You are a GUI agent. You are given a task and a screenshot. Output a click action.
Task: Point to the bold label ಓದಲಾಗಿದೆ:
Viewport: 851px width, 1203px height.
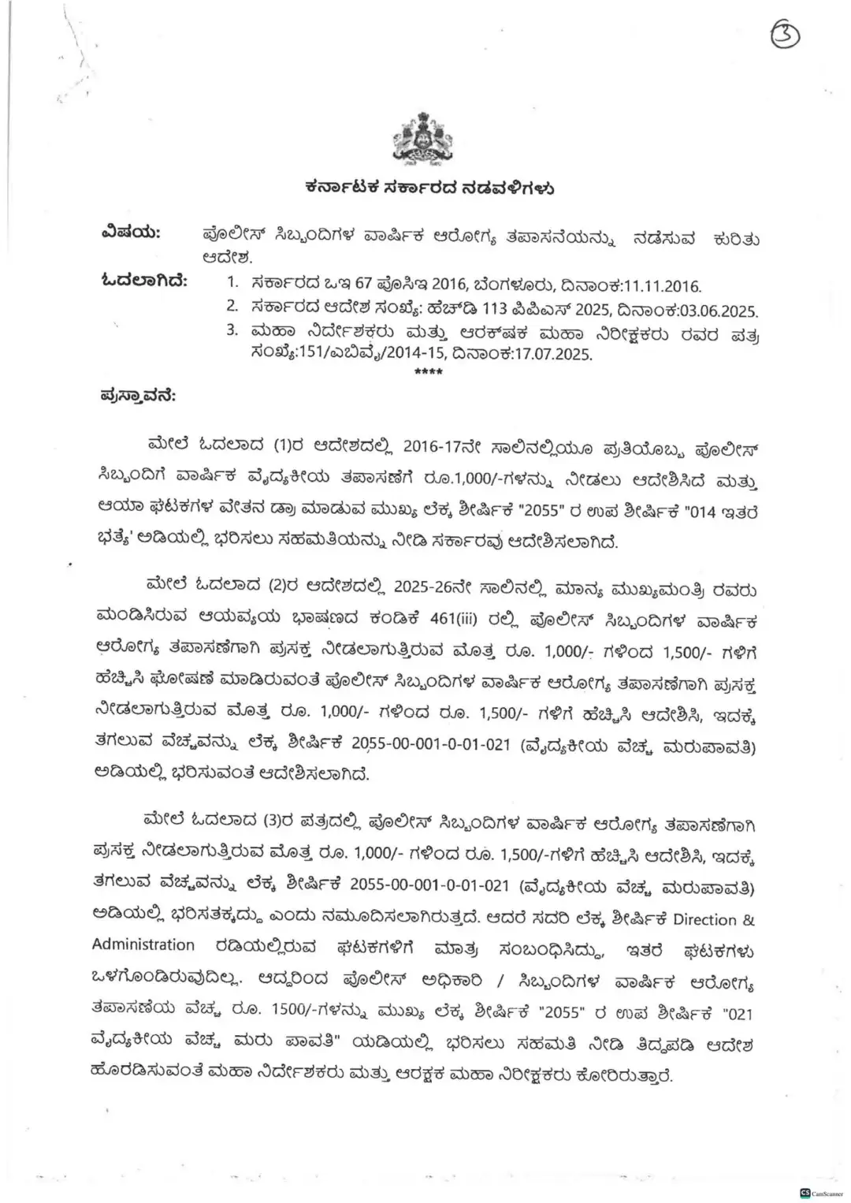pyautogui.click(x=144, y=281)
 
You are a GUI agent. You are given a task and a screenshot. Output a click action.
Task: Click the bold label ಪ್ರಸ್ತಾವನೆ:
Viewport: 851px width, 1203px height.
pyautogui.click(x=138, y=395)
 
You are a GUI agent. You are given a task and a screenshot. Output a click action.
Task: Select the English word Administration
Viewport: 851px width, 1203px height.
pyautogui.click(x=143, y=944)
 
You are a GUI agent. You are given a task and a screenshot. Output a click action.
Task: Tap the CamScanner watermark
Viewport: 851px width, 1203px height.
pyautogui.click(x=821, y=1193)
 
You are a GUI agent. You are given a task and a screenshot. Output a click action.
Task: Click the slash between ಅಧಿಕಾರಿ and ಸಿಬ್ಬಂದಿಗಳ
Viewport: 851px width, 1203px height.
pyautogui.click(x=501, y=981)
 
